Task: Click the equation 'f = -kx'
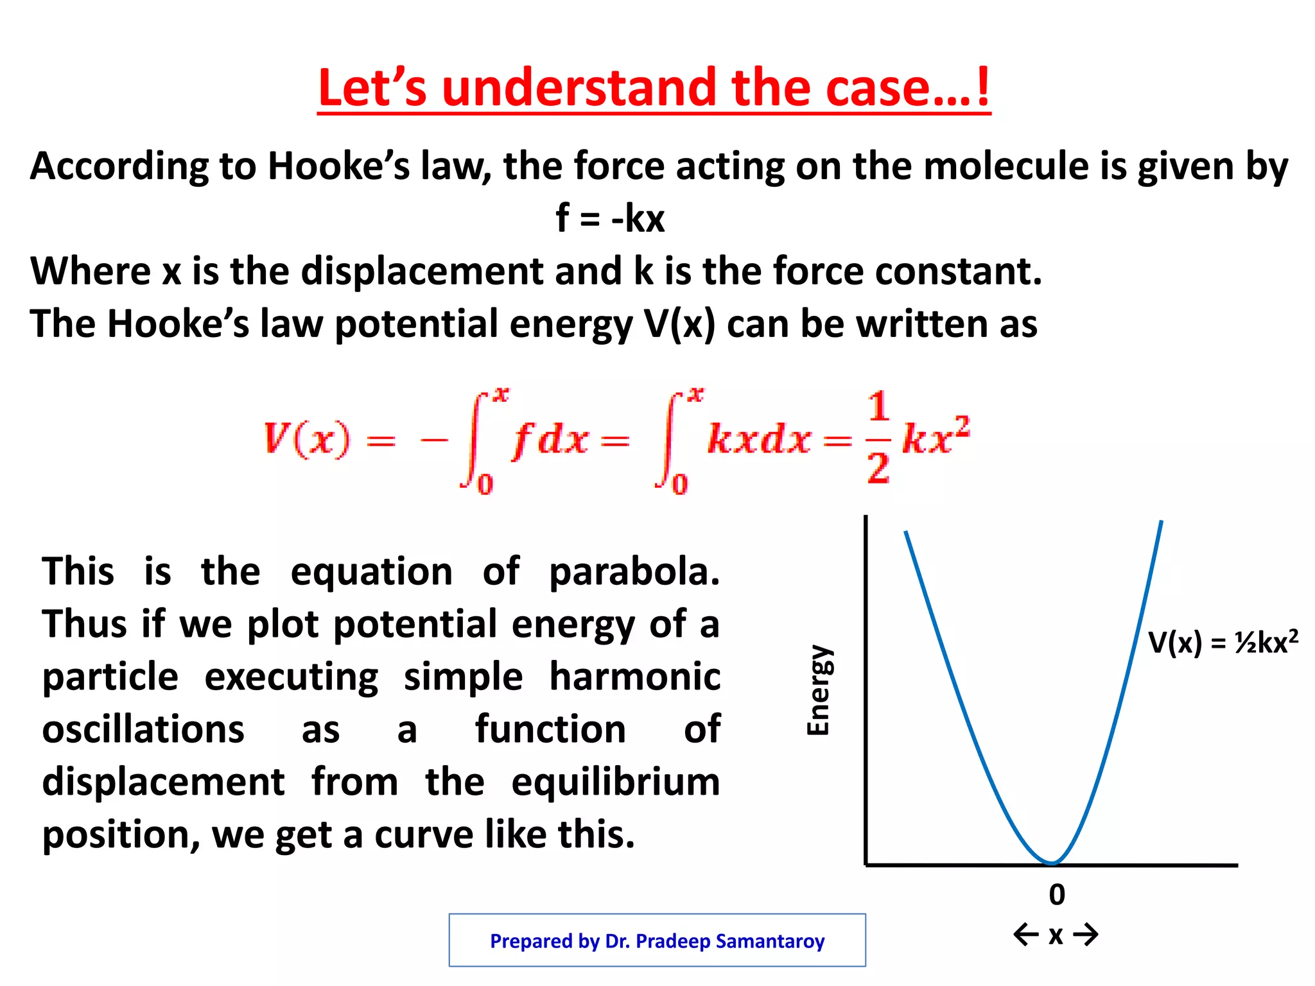610,218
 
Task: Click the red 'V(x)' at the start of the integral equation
307,440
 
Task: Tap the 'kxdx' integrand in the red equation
759,440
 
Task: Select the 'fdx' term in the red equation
550,440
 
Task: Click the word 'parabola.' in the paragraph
634,571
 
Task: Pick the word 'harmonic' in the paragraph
635,677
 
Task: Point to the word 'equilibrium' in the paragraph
616,782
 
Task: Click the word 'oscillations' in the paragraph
143,729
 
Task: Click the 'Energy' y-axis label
819,690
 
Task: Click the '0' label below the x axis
1057,894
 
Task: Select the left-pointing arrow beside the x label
1026,934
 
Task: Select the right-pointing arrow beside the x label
1086,934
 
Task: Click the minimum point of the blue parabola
1052,862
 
